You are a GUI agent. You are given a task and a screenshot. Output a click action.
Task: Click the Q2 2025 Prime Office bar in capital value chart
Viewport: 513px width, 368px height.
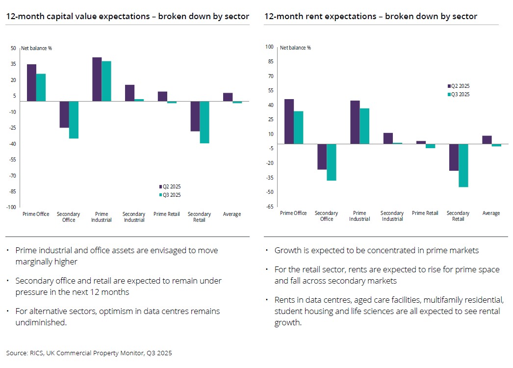[31, 82]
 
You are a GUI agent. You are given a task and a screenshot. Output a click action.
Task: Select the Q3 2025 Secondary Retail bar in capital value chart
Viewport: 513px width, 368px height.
[205, 122]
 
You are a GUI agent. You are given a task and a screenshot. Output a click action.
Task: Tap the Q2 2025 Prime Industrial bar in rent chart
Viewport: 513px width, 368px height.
[355, 122]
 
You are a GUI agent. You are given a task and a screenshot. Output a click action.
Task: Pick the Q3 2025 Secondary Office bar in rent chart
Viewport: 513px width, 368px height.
[332, 162]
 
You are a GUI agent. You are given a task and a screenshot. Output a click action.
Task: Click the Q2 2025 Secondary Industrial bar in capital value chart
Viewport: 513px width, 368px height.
[129, 93]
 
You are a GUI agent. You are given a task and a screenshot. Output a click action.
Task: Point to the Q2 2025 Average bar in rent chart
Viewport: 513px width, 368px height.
[487, 140]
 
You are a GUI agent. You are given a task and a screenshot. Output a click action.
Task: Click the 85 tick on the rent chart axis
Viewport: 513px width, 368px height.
[269, 62]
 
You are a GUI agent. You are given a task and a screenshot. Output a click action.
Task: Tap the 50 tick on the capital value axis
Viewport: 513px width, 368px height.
[14, 48]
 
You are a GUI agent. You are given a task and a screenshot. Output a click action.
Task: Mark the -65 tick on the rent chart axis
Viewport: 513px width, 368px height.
[269, 206]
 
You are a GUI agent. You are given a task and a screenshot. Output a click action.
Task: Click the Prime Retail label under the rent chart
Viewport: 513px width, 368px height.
[425, 213]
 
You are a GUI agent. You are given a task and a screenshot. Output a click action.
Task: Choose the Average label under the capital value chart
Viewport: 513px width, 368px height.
[232, 214]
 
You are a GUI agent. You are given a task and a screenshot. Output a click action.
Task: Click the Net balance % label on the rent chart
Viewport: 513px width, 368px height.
[295, 48]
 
